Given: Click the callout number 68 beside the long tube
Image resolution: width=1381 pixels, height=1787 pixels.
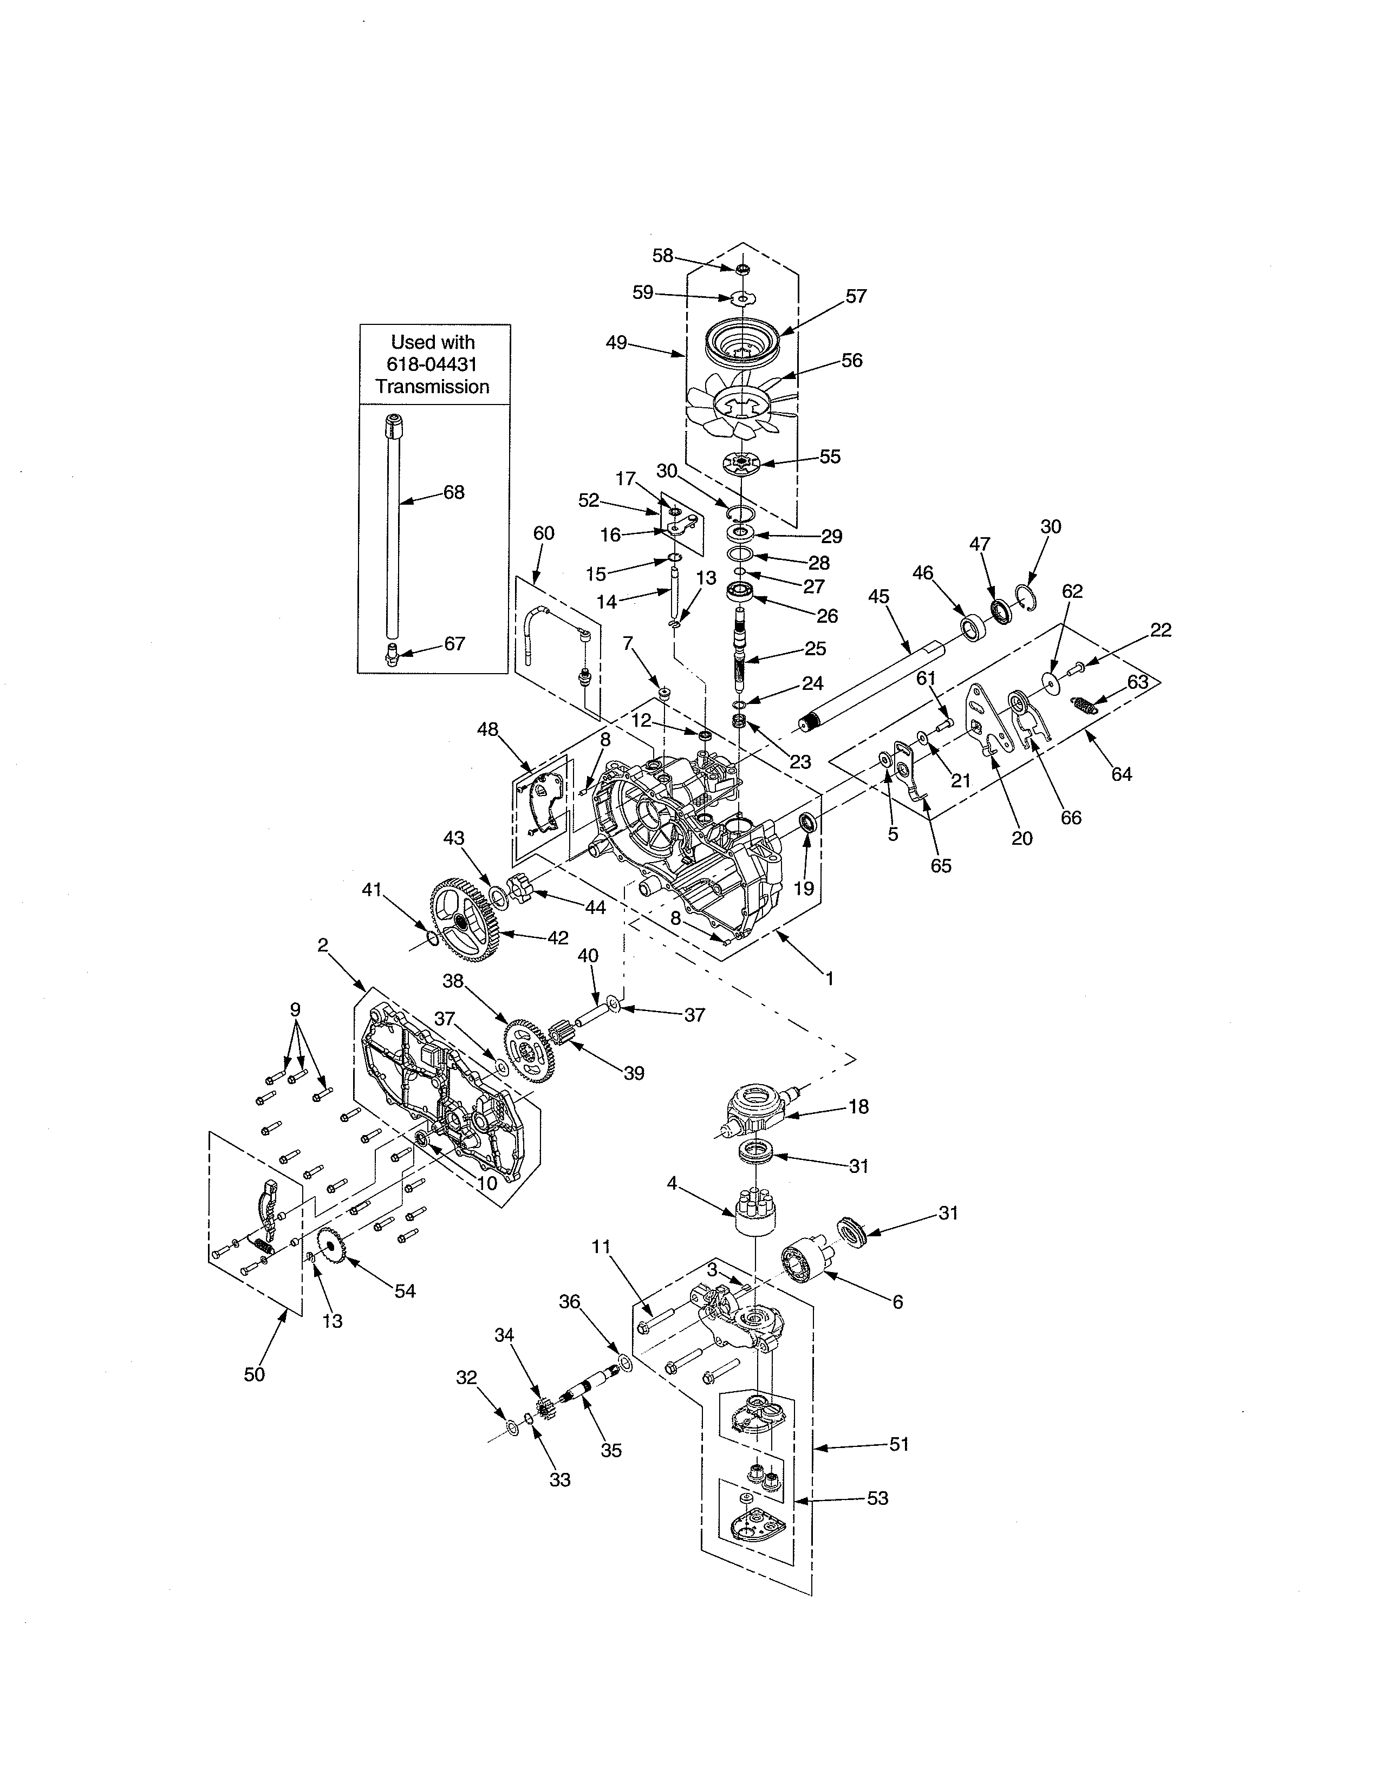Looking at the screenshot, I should [x=454, y=493].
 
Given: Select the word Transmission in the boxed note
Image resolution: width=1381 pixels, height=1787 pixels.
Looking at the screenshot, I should [x=432, y=387].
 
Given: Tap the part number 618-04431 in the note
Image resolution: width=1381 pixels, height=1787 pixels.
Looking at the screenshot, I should [x=432, y=365].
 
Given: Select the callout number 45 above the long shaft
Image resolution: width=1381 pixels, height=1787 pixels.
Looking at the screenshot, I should [x=878, y=597].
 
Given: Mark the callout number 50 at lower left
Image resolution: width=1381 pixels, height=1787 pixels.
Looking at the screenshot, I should [x=255, y=1374].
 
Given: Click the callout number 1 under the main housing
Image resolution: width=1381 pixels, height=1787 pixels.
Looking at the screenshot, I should [x=830, y=979].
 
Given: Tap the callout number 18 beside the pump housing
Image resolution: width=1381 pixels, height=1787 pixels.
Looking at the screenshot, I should [x=858, y=1106].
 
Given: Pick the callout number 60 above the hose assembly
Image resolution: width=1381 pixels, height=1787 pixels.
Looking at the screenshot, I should [x=543, y=533].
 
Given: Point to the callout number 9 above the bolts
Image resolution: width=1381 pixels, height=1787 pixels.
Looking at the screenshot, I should [x=295, y=1009].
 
